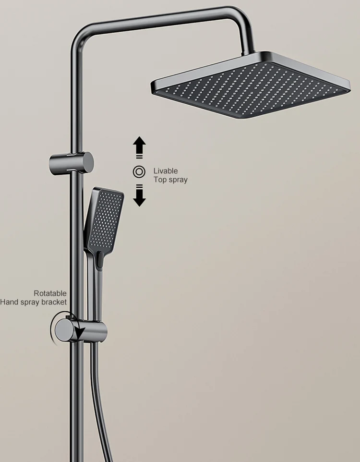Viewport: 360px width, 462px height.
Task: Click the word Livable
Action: tap(165, 170)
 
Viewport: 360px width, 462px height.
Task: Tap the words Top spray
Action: tap(170, 180)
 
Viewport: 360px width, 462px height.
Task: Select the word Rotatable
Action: tap(50, 293)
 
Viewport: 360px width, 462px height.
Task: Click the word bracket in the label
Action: tap(55, 302)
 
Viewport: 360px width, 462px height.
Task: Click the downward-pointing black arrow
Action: tap(139, 197)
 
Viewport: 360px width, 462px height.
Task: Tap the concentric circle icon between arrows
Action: tap(139, 171)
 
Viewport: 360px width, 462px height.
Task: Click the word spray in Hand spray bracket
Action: tap(30, 302)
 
